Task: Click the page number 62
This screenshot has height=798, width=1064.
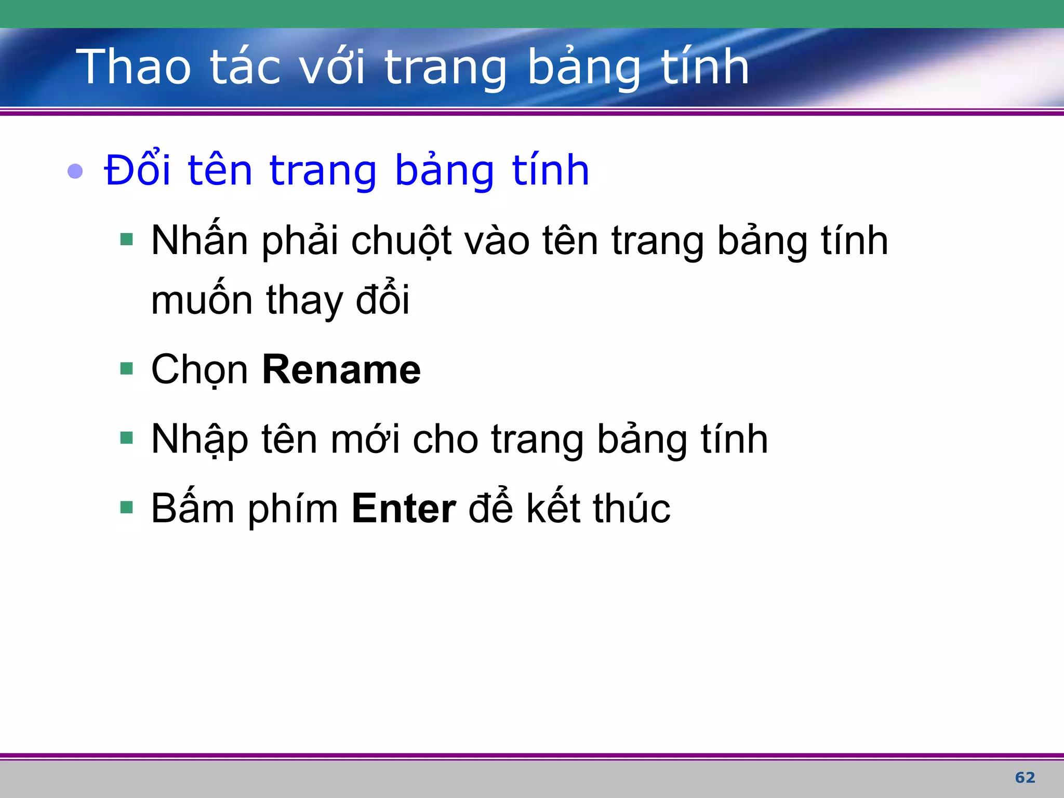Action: point(1025,777)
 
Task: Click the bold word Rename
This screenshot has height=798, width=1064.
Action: point(341,370)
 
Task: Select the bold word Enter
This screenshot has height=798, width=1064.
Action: point(404,509)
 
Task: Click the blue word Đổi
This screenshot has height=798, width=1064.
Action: point(137,170)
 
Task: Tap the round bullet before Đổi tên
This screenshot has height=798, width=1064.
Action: point(75,171)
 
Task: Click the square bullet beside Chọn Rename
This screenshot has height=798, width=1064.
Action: point(126,369)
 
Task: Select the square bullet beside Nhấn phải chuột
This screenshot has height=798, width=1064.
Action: point(126,240)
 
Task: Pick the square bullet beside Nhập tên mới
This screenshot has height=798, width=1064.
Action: point(126,438)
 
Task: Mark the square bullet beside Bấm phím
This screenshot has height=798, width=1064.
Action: point(126,507)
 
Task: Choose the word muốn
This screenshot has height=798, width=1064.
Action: point(203,301)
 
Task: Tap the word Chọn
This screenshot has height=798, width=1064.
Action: point(199,370)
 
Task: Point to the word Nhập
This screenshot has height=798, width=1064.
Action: point(199,440)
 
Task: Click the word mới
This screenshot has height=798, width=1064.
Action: point(365,440)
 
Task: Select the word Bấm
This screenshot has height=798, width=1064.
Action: point(193,509)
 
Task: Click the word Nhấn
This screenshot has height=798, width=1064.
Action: point(199,241)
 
